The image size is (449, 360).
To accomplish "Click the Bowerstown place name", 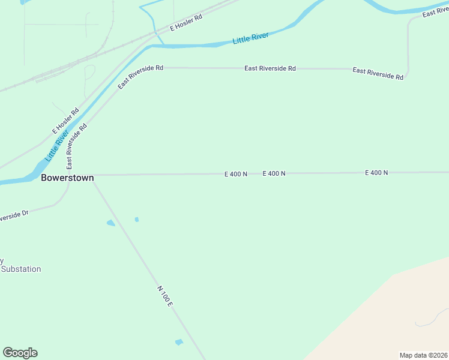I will [x=67, y=178].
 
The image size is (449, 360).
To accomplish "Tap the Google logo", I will [x=20, y=353].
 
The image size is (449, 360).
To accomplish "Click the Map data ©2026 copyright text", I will [x=423, y=355].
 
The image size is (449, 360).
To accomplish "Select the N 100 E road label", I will [x=165, y=296].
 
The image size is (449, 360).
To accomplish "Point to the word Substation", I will [x=21, y=269].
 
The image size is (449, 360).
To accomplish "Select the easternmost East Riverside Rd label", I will [x=378, y=73].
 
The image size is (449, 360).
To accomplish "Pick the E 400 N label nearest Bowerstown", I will [x=236, y=174].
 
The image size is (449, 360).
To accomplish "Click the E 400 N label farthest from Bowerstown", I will [x=376, y=173].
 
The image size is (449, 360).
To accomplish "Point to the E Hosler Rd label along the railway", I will [x=186, y=22].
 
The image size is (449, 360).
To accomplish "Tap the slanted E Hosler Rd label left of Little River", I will [x=65, y=121].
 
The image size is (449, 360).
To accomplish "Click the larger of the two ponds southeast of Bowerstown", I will [x=110, y=223].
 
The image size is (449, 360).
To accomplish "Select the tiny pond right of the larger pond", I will [x=137, y=220].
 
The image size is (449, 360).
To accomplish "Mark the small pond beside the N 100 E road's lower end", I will [x=178, y=342].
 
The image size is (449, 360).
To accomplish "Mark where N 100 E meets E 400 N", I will [x=93, y=175].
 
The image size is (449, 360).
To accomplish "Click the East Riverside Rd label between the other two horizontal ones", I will [x=270, y=68].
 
